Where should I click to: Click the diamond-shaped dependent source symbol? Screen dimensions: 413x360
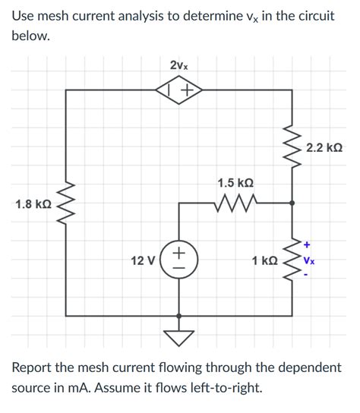[179, 90]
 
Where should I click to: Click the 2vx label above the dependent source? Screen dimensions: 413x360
[179, 66]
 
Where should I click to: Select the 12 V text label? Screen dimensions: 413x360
[143, 260]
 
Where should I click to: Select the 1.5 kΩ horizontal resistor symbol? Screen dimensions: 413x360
[236, 203]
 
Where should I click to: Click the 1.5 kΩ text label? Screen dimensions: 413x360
[235, 183]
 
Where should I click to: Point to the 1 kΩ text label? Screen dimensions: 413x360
[264, 260]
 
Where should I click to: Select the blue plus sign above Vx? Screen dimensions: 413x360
[307, 244]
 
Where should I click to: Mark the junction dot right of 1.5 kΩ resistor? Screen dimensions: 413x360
[293, 203]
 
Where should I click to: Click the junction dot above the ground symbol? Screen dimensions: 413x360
[179, 315]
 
